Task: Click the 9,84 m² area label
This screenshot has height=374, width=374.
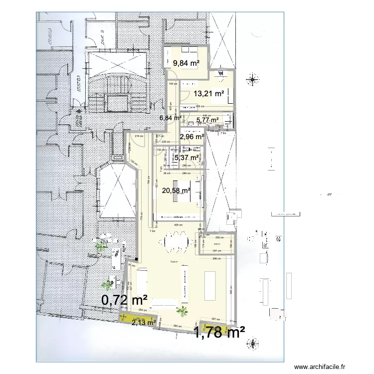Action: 186,63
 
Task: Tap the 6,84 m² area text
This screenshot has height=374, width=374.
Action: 170,118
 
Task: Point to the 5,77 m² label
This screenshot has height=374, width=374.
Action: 207,120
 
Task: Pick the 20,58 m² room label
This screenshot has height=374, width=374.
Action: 176,189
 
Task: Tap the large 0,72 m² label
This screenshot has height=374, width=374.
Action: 124,300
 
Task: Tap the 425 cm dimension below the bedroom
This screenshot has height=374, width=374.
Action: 177,225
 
